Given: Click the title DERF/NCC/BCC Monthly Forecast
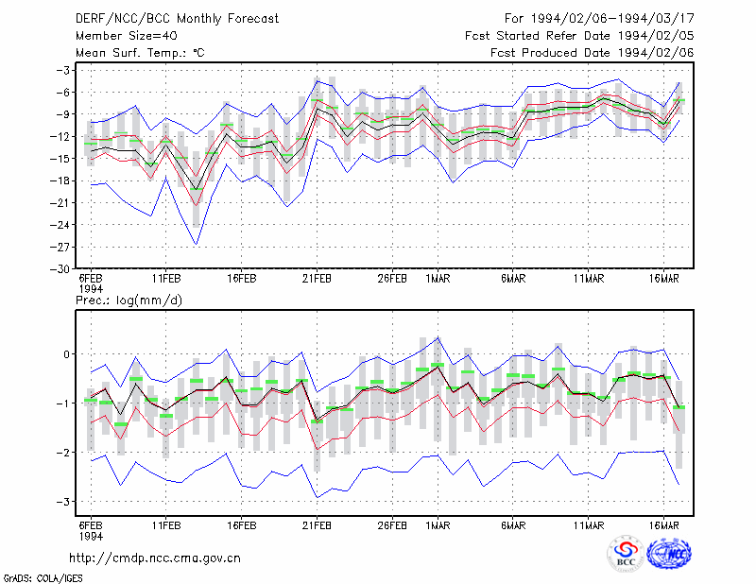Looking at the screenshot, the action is click(x=177, y=19).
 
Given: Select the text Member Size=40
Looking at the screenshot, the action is click(x=127, y=36).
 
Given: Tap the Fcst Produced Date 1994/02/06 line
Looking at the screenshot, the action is click(x=592, y=53).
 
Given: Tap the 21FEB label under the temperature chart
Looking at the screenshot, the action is click(x=317, y=279).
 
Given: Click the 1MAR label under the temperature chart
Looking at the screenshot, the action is click(x=438, y=279).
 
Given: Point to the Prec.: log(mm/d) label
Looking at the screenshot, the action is click(x=129, y=301).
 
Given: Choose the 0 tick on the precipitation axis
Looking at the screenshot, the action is click(x=66, y=354).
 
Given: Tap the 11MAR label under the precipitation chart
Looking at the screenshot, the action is click(x=588, y=525).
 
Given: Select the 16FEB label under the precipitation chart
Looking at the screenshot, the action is click(x=242, y=525).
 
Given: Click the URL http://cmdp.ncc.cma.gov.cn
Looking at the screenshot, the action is click(x=155, y=558).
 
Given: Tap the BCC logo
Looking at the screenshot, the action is click(x=626, y=553).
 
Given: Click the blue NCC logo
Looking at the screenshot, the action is click(x=669, y=554).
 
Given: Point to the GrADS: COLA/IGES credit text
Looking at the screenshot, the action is click(x=43, y=578).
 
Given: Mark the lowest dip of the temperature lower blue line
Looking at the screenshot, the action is click(x=197, y=244).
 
